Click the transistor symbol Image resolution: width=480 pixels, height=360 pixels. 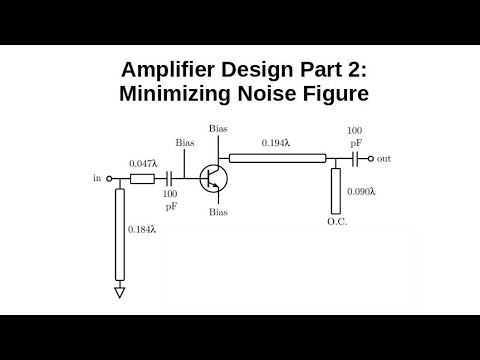coord(212,179)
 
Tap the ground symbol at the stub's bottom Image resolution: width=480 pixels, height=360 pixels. coord(120,292)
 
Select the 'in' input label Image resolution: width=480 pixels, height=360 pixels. coord(97,179)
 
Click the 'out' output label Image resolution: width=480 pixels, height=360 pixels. coord(383,159)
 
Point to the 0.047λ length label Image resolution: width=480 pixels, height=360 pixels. coord(143,163)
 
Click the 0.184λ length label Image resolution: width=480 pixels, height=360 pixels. coord(142,229)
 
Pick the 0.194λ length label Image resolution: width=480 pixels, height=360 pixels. coord(276,144)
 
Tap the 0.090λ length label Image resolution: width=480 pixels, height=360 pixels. coord(360,190)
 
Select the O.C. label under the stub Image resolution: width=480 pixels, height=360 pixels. coord(336,220)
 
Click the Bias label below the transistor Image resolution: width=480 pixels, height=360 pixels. coord(218,213)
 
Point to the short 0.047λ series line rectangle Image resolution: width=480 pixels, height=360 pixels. coord(142,179)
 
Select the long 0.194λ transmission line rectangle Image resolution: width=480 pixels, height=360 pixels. coord(278,158)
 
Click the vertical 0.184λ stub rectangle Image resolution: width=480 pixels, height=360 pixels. coord(120,234)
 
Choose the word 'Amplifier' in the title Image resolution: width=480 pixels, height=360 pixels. coord(168,70)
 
